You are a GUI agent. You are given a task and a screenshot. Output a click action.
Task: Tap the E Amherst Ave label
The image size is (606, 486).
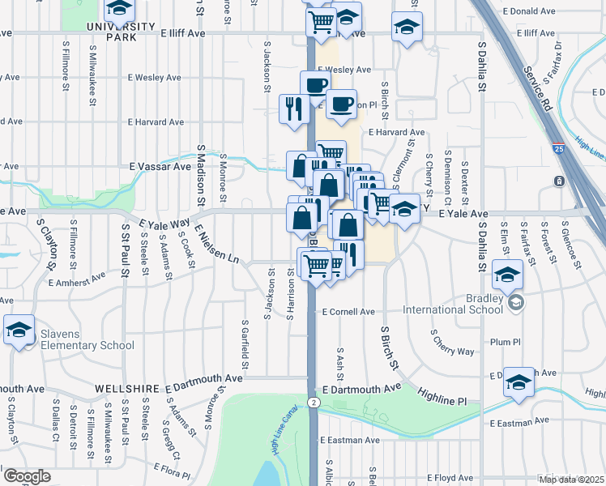tap(77, 280)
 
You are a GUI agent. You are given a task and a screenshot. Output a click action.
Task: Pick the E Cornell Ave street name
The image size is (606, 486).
tap(348, 312)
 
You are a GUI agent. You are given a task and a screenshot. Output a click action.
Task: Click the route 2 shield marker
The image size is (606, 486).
tap(314, 403)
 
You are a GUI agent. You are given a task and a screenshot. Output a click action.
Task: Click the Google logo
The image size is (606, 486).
tap(27, 477)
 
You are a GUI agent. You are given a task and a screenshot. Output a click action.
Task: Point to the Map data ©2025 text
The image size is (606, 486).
tap(571, 480)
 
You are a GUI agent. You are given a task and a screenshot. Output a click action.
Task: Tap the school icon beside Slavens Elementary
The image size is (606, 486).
tap(18, 330)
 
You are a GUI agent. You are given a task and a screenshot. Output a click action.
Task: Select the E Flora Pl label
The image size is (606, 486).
tap(171, 470)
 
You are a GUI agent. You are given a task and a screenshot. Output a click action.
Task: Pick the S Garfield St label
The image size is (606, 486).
tap(243, 340)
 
